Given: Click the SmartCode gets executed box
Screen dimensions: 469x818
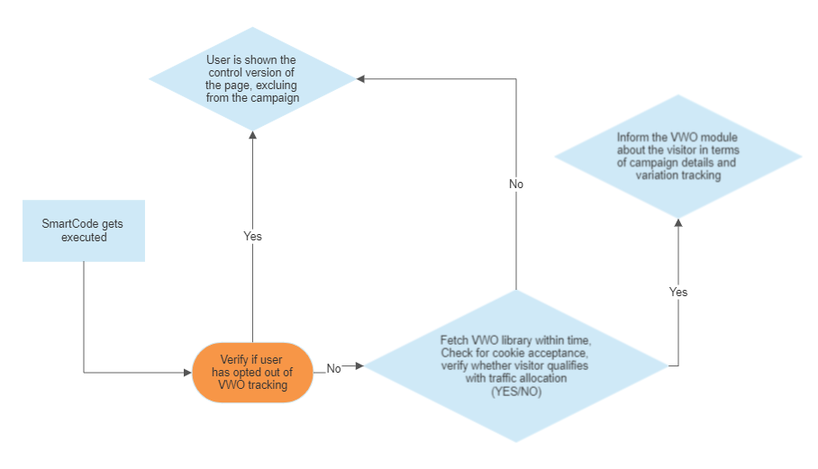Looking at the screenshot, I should point(84,230).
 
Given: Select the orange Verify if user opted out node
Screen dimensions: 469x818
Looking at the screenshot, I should point(253,373).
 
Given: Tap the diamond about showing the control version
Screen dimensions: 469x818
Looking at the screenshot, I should point(252,79).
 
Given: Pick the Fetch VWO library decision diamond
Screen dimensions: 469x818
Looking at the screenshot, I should point(515,365).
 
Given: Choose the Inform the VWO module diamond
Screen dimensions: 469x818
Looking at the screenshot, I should point(677,157).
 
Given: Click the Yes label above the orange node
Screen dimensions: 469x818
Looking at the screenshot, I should point(253,236).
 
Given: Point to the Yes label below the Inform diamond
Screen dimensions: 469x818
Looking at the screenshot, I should point(678,292).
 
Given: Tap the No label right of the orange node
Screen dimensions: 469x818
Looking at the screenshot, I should point(333,368).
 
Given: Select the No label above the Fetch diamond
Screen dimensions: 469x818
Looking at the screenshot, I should point(516,184).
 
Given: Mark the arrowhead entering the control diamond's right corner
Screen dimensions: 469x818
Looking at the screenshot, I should point(361,79).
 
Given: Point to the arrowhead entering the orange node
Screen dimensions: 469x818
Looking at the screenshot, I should point(188,372).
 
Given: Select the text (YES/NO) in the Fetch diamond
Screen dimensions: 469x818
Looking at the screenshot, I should point(516,392).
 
